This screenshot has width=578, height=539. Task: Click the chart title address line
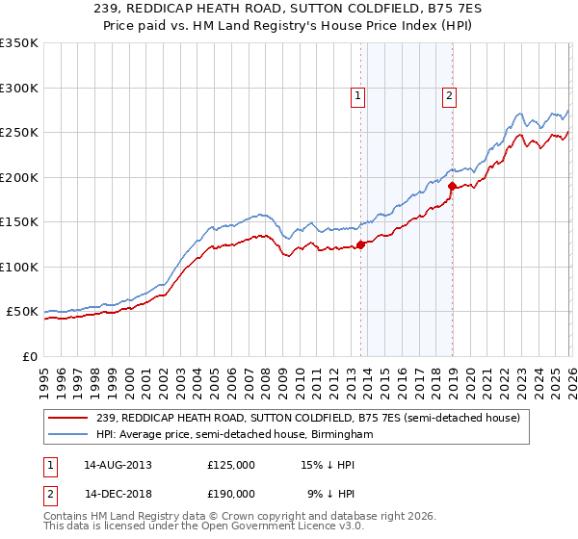tap(289, 10)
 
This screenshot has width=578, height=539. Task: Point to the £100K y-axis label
tap(19, 267)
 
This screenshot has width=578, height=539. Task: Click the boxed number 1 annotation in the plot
tap(357, 95)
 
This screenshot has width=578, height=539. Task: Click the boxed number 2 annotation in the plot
tap(449, 95)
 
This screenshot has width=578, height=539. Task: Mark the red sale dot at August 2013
tap(360, 244)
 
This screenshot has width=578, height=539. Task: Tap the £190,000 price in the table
tap(231, 493)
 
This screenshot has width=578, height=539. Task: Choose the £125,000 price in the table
tap(231, 464)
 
